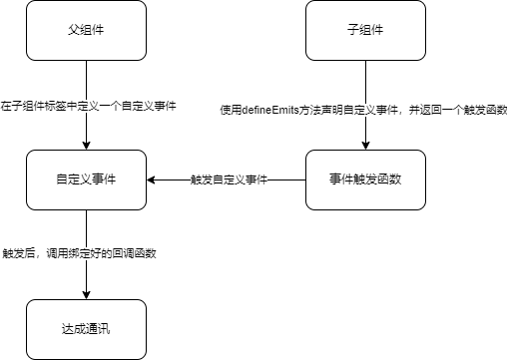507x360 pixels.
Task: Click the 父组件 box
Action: pos(87,30)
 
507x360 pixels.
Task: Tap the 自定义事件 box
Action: pos(87,180)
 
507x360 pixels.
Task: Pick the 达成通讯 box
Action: pos(87,328)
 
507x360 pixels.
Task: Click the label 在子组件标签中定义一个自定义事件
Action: pos(88,106)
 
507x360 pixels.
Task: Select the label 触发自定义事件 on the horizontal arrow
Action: pos(227,180)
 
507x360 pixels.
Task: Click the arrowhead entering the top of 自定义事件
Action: pos(87,146)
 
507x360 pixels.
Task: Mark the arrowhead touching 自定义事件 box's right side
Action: pos(153,180)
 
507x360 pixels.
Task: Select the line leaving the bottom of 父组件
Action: pos(87,80)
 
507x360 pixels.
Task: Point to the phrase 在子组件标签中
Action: pos(31,106)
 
